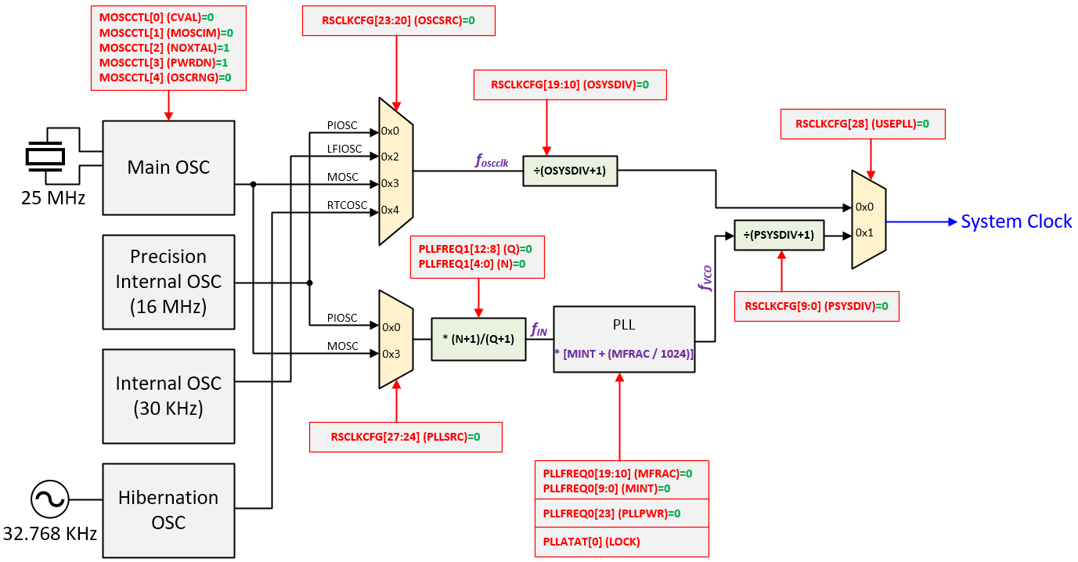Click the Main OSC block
click(168, 168)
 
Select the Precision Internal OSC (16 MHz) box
click(168, 282)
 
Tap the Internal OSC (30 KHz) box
click(168, 396)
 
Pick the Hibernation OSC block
click(168, 510)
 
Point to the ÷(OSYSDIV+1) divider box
click(570, 171)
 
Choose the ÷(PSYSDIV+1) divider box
click(779, 234)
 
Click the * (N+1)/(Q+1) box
click(478, 338)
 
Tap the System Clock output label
click(1016, 222)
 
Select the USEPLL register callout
click(861, 124)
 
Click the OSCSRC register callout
click(398, 21)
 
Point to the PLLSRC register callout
click(406, 437)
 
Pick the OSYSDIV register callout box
click(570, 85)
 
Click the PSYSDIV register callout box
click(817, 306)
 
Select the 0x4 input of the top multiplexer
click(390, 210)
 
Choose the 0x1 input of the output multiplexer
click(863, 232)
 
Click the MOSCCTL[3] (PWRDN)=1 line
click(164, 62)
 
